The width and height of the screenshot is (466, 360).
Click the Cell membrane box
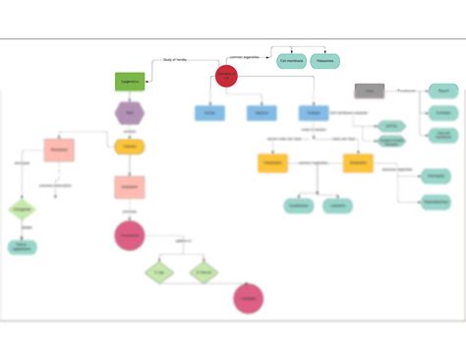coord(290,61)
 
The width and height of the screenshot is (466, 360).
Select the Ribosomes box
coord(325,61)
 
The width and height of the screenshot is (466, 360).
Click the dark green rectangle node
coord(130,81)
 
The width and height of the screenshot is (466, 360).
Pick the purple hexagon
coord(130,114)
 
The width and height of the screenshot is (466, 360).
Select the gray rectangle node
coord(369,90)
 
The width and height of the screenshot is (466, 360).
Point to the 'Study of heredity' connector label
coord(174,61)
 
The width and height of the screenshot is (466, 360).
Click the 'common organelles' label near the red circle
coord(244,58)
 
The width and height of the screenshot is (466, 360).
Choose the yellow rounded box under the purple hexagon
coord(130,148)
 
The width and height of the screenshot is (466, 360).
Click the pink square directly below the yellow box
coord(130,186)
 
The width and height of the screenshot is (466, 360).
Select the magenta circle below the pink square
coord(130,236)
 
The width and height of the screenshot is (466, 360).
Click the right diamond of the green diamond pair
coord(204,271)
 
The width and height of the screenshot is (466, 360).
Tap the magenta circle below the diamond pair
coord(249,299)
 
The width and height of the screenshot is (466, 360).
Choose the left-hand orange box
coord(272,163)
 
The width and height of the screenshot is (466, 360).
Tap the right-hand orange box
coord(358,163)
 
